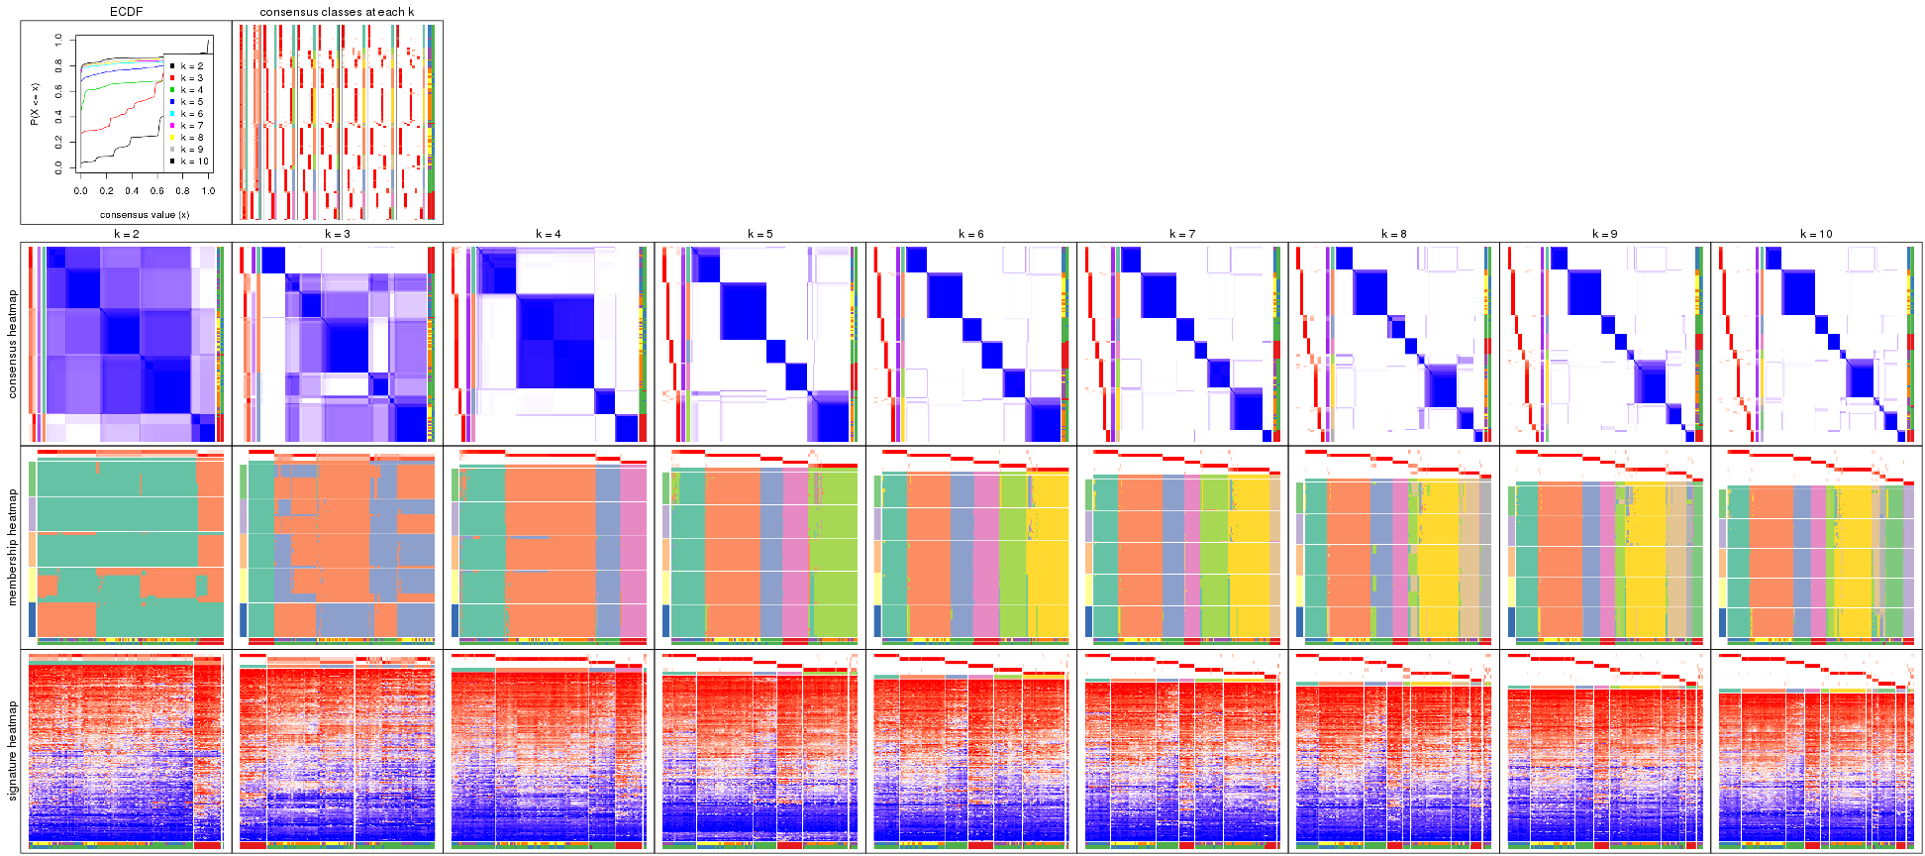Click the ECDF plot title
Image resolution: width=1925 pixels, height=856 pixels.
(126, 12)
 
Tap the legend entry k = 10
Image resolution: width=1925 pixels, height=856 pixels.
(194, 161)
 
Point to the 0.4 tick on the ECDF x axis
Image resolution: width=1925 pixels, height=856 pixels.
(132, 191)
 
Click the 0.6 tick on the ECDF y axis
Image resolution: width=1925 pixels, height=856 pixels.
(58, 91)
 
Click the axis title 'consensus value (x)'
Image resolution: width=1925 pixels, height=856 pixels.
(145, 214)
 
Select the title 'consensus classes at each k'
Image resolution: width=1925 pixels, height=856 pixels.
(337, 12)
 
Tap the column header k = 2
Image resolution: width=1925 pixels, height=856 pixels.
(126, 235)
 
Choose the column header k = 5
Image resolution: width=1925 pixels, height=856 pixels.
(760, 235)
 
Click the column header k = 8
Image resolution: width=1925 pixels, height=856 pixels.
(1393, 235)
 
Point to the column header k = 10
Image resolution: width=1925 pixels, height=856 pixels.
(1816, 235)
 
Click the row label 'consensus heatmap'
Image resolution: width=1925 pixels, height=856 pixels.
(13, 344)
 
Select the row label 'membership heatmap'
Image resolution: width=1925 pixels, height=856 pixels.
(13, 546)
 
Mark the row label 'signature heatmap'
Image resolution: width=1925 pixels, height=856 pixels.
(13, 751)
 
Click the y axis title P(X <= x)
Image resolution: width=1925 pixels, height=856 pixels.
(34, 104)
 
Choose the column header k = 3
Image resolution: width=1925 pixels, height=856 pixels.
(337, 235)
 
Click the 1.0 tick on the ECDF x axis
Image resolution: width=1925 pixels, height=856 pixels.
(208, 191)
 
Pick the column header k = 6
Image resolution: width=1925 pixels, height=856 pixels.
(970, 235)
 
